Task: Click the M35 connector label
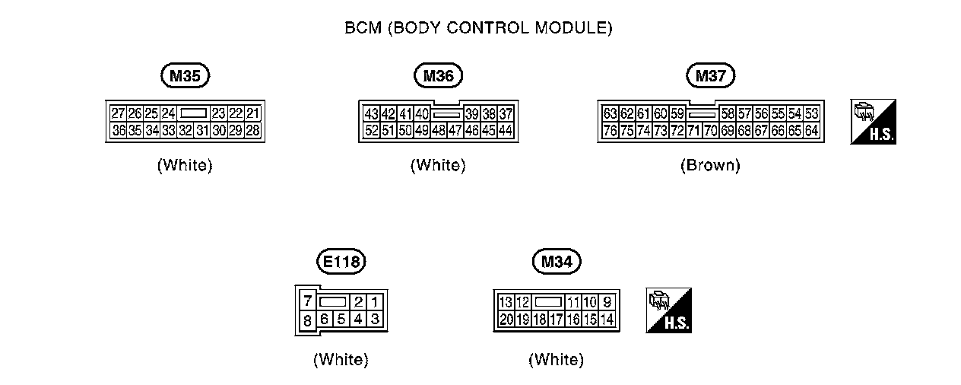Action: point(185,75)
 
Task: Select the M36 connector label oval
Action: point(438,75)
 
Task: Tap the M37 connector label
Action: point(710,75)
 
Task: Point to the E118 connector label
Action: point(341,262)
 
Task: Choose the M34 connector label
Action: point(557,262)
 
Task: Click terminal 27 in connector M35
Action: point(118,113)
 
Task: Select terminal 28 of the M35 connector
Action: point(253,130)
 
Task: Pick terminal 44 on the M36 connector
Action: point(506,130)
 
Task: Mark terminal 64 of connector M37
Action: point(811,130)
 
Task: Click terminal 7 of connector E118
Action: point(307,301)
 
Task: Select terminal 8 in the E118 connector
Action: point(307,320)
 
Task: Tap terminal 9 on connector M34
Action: point(607,302)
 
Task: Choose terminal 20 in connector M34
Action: point(506,319)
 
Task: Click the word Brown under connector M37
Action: point(710,165)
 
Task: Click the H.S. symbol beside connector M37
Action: point(873,122)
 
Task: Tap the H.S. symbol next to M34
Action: point(668,310)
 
